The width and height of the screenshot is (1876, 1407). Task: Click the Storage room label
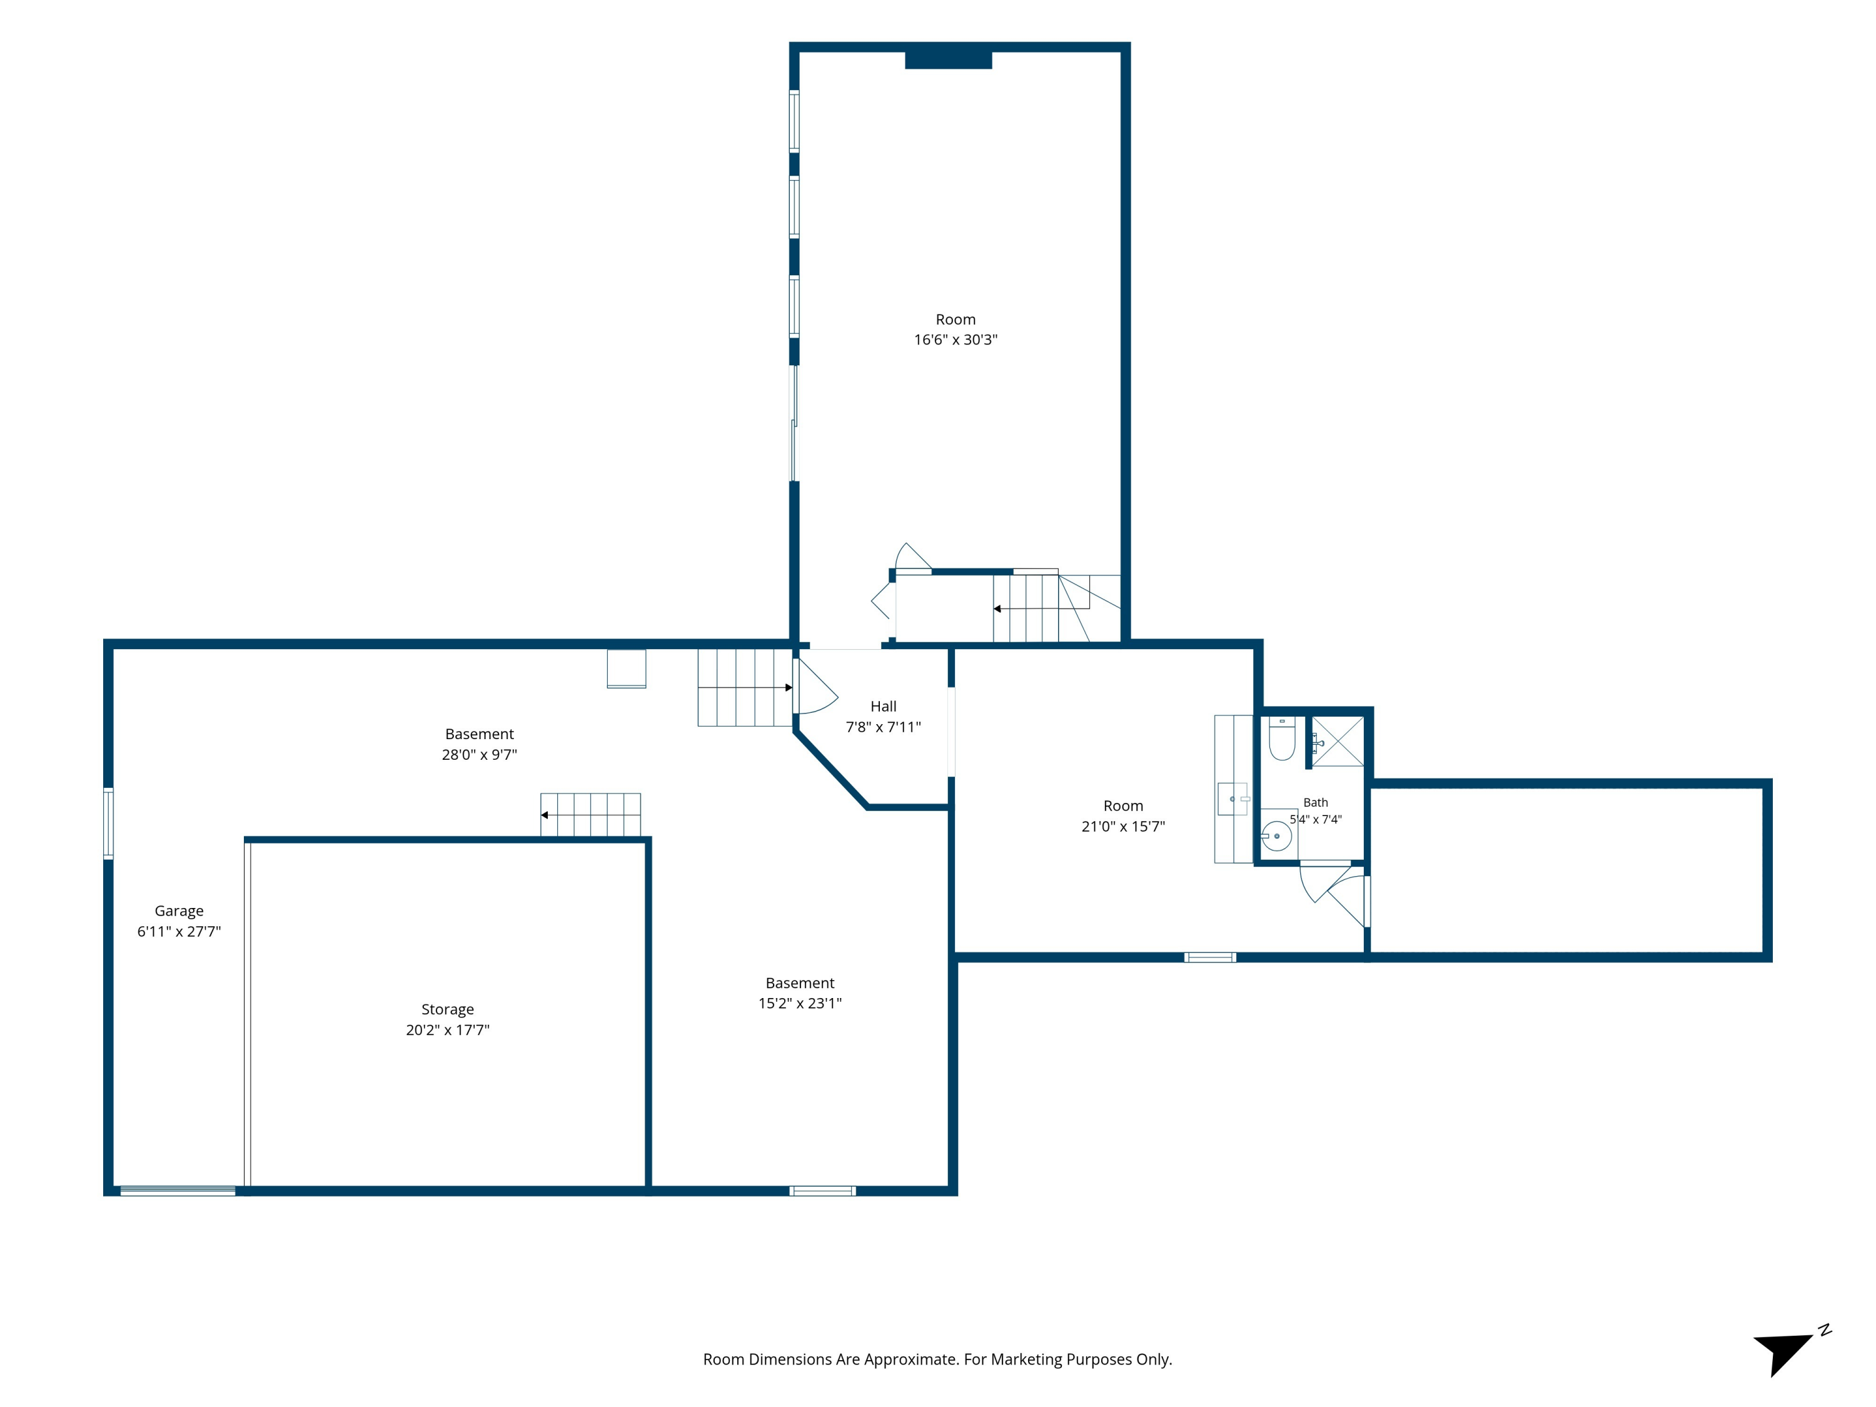click(447, 1009)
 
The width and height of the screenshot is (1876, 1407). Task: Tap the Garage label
click(179, 911)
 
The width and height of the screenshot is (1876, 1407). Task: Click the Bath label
click(1316, 802)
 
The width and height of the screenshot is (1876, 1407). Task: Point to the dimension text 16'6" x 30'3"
click(956, 339)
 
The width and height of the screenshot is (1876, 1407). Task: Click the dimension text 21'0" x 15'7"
click(1123, 826)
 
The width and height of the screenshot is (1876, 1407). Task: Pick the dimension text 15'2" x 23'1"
click(800, 1003)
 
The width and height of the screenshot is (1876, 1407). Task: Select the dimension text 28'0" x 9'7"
click(479, 754)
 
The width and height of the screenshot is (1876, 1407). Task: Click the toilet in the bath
click(1281, 739)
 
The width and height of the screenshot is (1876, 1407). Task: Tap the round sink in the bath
click(1276, 836)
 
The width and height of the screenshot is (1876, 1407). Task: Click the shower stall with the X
click(1338, 741)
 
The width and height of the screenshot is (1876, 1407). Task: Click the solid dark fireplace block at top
click(948, 60)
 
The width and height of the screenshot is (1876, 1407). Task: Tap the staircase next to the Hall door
click(745, 688)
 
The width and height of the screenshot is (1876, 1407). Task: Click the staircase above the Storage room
click(590, 815)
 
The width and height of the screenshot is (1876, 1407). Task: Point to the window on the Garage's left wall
click(109, 823)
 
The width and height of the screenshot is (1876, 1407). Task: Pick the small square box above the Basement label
click(627, 669)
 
